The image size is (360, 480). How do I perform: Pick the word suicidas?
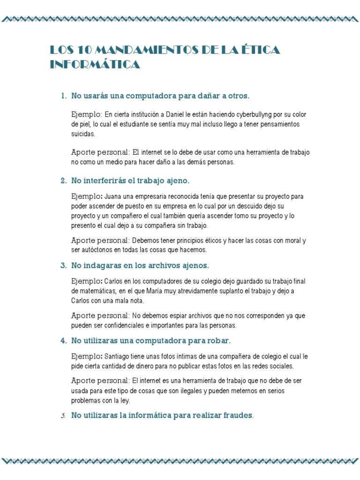(x=83, y=134)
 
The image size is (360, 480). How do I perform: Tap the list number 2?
(x=63, y=180)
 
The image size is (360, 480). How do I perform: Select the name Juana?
(x=113, y=196)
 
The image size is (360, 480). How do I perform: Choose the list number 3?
(x=63, y=265)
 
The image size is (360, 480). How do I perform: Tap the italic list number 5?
(x=63, y=416)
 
